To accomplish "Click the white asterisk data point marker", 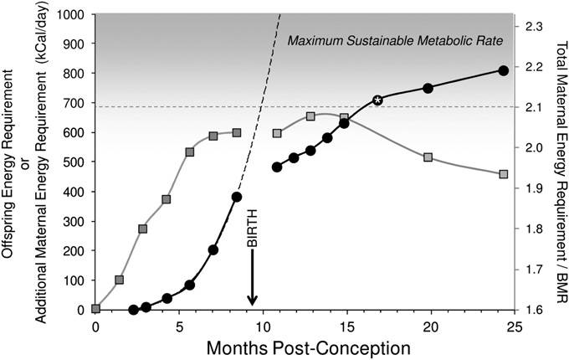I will [378, 100].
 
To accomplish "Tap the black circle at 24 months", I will [504, 70].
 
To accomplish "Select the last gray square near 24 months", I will [504, 174].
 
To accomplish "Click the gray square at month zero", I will [96, 308].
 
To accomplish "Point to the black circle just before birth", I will [237, 197].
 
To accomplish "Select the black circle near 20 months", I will [428, 88].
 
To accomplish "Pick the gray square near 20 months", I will [428, 157].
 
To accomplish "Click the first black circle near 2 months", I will [134, 310].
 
